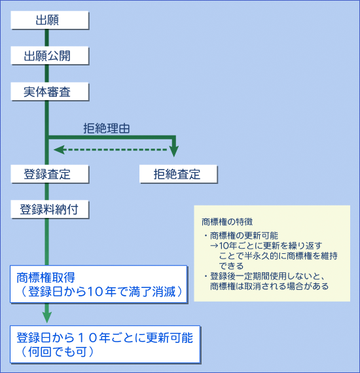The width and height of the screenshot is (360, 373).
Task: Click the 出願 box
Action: point(50,20)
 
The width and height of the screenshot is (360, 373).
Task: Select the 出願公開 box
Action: point(50,56)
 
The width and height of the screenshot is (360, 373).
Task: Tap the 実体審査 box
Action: point(50,92)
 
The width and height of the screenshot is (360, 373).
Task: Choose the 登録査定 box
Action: point(50,174)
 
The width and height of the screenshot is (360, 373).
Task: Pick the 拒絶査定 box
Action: point(179,174)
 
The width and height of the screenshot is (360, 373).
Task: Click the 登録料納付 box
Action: point(50,209)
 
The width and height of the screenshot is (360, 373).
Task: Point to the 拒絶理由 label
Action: point(106,128)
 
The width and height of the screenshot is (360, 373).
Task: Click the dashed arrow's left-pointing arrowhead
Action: point(59,150)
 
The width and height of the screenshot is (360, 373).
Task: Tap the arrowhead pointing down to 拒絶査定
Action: point(174,151)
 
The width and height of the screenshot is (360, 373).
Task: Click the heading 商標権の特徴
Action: point(227,222)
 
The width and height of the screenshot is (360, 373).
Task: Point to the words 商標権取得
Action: point(46,277)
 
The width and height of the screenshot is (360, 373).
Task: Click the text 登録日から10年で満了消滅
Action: point(102,292)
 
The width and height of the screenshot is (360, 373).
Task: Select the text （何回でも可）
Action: point(58,352)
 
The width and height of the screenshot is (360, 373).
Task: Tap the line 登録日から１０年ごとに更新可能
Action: point(105,338)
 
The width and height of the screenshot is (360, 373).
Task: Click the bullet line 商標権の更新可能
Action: point(244,236)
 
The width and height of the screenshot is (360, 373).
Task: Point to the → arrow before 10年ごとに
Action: point(214,245)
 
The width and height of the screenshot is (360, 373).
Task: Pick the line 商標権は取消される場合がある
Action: point(270,286)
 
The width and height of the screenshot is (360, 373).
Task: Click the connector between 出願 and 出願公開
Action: point(47,38)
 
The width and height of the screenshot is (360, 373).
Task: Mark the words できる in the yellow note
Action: point(231,266)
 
